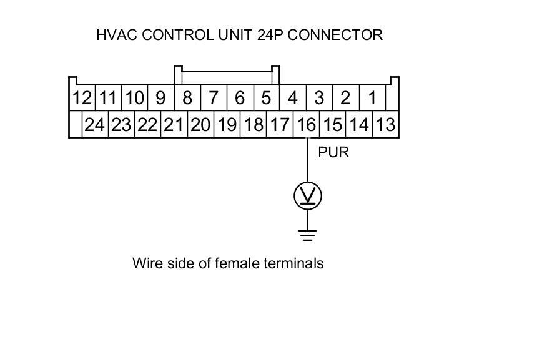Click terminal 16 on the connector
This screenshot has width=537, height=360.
tap(306, 125)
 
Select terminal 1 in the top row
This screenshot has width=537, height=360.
tap(372, 98)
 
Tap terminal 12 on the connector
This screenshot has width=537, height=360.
tap(81, 98)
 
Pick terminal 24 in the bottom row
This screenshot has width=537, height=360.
tap(94, 125)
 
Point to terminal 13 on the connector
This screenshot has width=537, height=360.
tap(386, 125)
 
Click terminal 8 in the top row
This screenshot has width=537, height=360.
tap(187, 98)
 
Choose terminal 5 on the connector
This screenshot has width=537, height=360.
tap(266, 98)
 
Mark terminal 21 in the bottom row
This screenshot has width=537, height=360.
tap(174, 125)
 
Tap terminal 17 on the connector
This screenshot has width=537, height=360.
tap(279, 125)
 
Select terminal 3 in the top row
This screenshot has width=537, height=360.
tap(319, 98)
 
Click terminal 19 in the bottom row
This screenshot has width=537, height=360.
tap(227, 125)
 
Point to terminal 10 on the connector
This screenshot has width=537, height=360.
tap(134, 98)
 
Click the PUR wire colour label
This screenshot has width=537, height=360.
tap(333, 152)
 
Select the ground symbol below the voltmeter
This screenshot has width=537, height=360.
tap(307, 235)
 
